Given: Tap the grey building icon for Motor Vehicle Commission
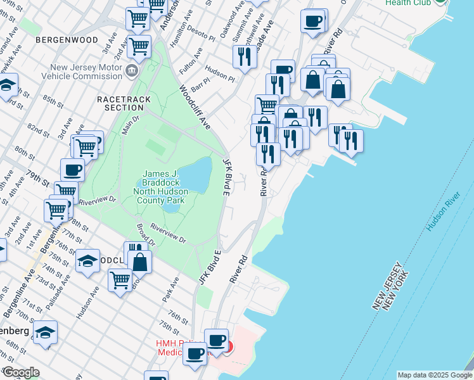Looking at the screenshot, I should [x=132, y=70].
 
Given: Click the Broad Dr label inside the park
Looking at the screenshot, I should [x=145, y=233].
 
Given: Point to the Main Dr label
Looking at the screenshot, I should [x=129, y=122].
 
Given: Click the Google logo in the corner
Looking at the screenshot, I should [x=20, y=372].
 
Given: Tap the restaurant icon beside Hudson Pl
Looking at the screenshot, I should [x=244, y=56].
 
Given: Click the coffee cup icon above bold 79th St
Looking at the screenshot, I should [x=72, y=169].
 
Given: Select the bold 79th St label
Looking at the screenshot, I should [x=37, y=174].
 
